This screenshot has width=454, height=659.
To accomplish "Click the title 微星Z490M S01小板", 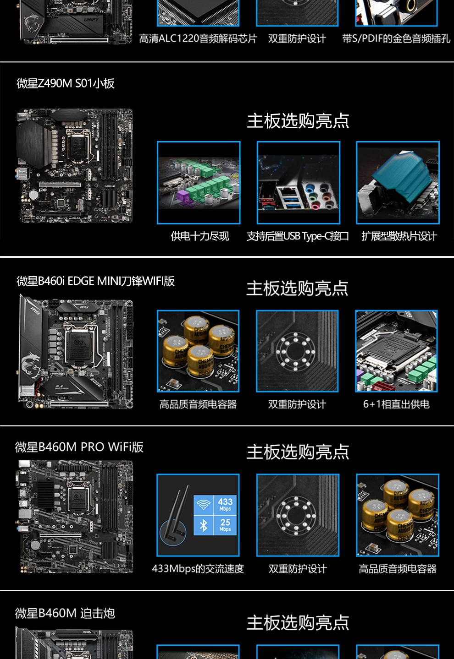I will click(66, 83).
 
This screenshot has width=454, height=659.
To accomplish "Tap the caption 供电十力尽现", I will click(199, 236).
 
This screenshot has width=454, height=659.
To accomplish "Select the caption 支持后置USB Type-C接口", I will click(298, 236).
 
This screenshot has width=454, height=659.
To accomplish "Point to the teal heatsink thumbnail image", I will click(398, 183).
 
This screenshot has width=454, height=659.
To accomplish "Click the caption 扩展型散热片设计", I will click(399, 236).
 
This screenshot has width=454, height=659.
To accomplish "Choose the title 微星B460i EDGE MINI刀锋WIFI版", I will click(95, 281).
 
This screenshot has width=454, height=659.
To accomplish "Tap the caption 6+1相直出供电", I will click(396, 404).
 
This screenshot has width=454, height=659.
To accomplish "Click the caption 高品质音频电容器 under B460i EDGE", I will click(198, 404).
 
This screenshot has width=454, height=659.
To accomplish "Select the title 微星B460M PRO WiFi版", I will click(79, 447).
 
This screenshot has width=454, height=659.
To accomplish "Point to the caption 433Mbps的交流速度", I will click(198, 569).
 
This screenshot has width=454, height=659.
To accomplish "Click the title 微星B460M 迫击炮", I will click(65, 613).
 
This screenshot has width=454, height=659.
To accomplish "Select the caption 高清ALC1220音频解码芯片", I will click(198, 39).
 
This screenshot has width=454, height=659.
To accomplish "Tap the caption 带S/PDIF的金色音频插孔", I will click(396, 39).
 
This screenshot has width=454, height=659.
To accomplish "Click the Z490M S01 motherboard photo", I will click(76, 166).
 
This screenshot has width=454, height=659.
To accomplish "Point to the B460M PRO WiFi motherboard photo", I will click(76, 517).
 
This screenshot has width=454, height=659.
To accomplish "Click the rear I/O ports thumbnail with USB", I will click(299, 183).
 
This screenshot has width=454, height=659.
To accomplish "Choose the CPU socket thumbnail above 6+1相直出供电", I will click(396, 351).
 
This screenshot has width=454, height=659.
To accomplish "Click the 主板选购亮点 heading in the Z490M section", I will click(298, 121).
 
